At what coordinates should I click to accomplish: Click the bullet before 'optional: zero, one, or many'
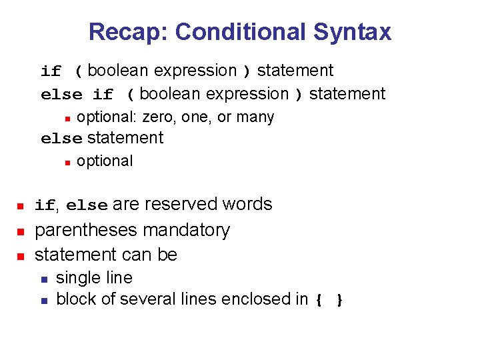[67, 118]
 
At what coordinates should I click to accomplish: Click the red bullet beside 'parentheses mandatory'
[21, 231]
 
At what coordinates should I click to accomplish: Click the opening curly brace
[319, 301]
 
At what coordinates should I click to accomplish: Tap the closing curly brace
[339, 301]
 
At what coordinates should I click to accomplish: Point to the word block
[72, 299]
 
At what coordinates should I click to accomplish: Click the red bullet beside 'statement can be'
[21, 255]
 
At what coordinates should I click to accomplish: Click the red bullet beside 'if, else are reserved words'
[21, 205]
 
